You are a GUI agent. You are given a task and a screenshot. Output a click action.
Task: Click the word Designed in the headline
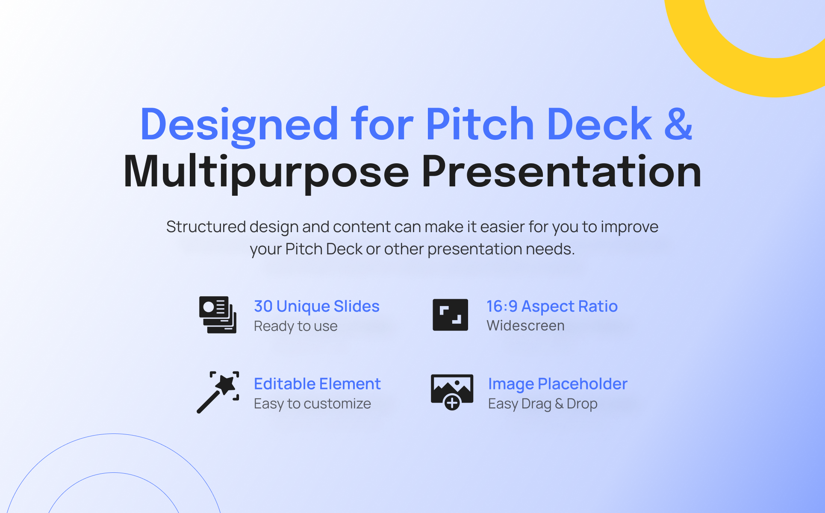tap(239, 125)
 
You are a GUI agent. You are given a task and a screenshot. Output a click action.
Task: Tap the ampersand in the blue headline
tap(678, 124)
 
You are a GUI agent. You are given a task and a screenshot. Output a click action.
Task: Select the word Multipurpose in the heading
tap(266, 173)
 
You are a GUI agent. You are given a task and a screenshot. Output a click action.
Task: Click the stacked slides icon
tap(218, 315)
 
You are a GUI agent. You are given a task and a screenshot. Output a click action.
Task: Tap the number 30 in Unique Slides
tap(263, 307)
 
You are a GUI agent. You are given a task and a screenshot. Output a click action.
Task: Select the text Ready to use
tap(296, 326)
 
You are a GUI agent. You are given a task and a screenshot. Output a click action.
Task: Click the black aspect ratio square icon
tap(450, 315)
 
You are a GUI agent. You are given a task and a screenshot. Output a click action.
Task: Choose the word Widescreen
tap(525, 326)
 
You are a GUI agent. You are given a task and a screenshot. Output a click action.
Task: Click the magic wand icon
tap(218, 392)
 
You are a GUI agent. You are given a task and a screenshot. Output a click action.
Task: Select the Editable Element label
tap(317, 384)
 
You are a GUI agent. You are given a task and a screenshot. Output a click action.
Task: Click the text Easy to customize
tap(312, 404)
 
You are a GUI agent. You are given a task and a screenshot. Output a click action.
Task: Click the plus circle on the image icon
tap(452, 402)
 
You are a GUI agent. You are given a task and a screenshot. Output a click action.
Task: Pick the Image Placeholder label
tap(558, 384)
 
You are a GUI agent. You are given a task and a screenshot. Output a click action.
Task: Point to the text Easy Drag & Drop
tap(543, 404)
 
